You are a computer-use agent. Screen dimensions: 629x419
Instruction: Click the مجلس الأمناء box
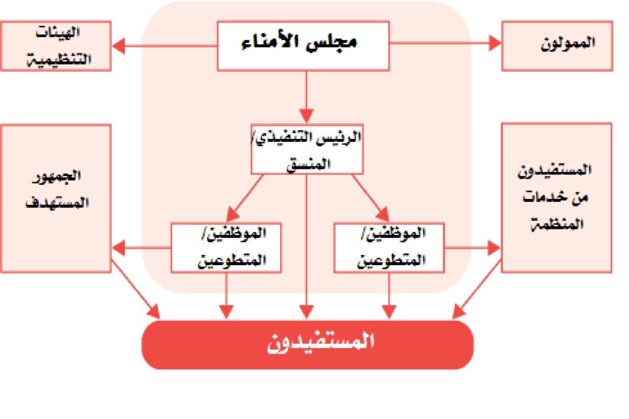303,46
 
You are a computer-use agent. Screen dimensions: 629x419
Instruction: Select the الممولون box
557,46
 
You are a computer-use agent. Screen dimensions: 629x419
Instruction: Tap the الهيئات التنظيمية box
56,46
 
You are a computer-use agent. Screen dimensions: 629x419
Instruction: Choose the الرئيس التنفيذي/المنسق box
307,149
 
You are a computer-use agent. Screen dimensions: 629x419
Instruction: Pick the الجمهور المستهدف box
56,199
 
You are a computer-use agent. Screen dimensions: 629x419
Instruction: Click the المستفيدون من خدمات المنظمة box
557,198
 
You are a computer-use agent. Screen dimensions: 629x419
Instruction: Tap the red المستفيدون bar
308,345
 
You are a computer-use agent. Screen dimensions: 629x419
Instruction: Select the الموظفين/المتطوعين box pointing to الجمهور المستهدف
226,248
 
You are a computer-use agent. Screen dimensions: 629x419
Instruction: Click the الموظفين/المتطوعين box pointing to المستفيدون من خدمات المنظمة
389,248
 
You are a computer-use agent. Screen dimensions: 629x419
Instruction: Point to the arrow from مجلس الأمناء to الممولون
445,43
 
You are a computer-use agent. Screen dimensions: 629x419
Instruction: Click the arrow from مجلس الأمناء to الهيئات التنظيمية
165,45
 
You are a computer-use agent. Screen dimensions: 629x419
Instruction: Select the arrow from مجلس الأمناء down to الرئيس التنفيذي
307,98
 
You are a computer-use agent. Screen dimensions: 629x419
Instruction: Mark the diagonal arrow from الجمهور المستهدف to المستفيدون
136,289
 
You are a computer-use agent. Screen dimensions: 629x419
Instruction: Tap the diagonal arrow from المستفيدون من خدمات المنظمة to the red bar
477,289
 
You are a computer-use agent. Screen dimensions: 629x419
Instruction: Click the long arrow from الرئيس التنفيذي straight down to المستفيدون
307,247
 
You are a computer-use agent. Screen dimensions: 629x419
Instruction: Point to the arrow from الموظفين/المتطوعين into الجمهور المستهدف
142,248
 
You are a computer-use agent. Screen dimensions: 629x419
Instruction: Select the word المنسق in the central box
308,164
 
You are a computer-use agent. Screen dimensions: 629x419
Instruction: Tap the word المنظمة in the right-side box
557,224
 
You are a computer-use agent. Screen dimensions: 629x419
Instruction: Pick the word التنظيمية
59,60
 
